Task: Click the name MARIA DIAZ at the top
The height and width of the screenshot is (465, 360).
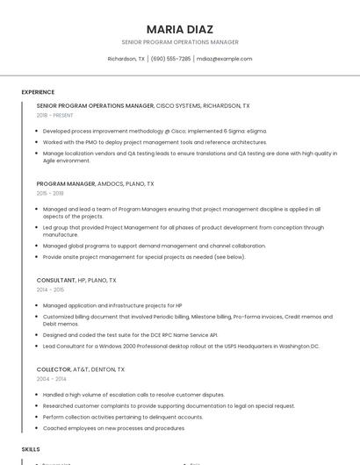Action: click(x=180, y=29)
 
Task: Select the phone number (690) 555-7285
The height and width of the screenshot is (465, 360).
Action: click(x=170, y=59)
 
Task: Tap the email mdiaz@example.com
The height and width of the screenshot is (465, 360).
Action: click(x=224, y=59)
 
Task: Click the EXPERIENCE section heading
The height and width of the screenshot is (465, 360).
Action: click(x=38, y=92)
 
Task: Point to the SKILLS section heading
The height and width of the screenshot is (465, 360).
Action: click(x=31, y=448)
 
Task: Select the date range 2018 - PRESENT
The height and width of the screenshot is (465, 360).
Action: click(x=54, y=115)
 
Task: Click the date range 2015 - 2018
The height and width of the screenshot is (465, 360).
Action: click(x=50, y=193)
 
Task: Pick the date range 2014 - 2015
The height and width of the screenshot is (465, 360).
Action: click(x=50, y=290)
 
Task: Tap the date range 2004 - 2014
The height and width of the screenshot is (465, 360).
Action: click(x=51, y=379)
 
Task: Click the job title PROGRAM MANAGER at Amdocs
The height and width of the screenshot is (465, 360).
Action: click(x=66, y=184)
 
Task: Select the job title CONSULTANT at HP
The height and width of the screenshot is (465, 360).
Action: click(x=56, y=281)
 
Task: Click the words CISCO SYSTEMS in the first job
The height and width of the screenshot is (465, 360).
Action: click(x=178, y=105)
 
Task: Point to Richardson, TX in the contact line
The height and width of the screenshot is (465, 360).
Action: click(x=126, y=59)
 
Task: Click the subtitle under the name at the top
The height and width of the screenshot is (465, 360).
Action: click(x=180, y=42)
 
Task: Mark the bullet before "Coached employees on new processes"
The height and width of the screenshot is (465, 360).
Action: click(x=38, y=428)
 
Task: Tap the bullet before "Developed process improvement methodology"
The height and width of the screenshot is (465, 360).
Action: click(x=38, y=131)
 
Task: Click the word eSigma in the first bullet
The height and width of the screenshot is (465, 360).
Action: click(x=256, y=131)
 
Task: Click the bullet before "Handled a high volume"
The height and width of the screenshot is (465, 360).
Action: click(x=38, y=395)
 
